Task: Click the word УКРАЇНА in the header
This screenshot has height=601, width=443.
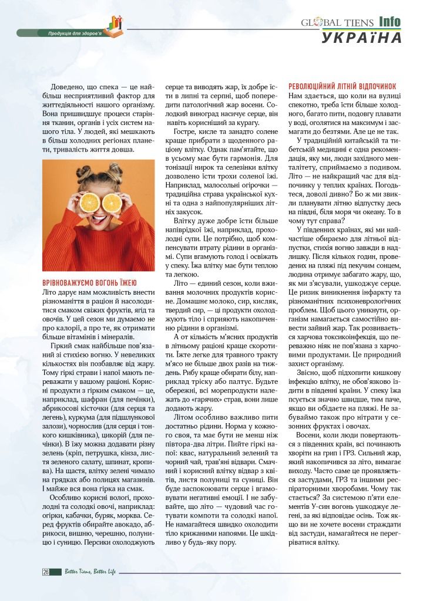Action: coord(362,37)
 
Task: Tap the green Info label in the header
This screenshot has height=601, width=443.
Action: coord(390,22)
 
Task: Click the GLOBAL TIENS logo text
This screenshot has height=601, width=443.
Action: coord(337,23)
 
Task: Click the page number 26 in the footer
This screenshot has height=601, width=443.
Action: coord(45,572)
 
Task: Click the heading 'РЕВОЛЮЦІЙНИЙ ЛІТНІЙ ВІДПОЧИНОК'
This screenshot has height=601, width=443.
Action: coord(343,86)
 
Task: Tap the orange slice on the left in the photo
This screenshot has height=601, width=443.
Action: coord(90,202)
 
